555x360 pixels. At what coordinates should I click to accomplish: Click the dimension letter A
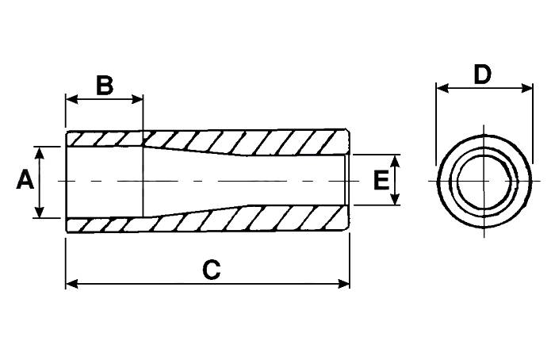tap(25, 181)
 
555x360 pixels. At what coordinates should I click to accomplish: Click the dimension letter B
tap(105, 85)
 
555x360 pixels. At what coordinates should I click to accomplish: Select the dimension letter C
tap(210, 270)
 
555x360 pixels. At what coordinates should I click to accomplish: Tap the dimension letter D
tap(482, 75)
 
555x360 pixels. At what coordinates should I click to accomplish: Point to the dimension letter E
tap(381, 181)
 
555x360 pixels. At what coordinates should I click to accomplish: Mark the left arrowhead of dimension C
tap(70, 283)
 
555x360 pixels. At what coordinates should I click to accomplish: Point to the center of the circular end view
tap(483, 182)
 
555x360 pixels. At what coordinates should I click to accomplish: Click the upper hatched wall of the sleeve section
tap(238, 141)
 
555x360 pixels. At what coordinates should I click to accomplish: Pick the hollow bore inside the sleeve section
tap(238, 181)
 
